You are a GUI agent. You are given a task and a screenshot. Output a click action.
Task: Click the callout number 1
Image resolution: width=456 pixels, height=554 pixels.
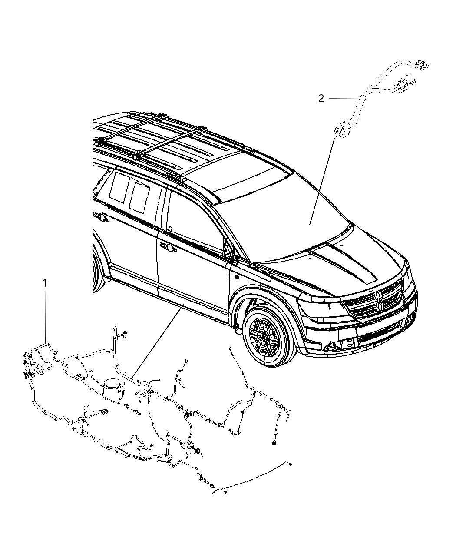pyautogui.click(x=45, y=283)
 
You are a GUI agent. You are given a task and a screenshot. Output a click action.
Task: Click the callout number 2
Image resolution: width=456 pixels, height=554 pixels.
pyautogui.click(x=321, y=99)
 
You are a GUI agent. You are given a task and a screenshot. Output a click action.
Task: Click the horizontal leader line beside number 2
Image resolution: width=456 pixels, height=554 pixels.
pyautogui.click(x=344, y=99)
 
